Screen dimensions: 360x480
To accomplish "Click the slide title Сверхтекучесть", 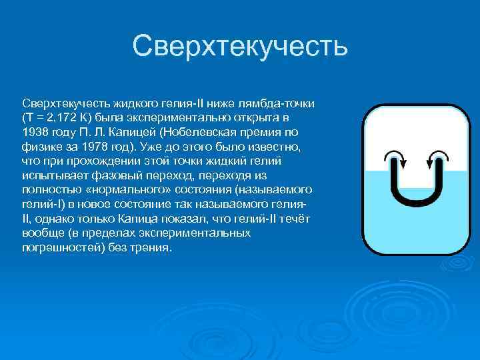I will tap(240, 46).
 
